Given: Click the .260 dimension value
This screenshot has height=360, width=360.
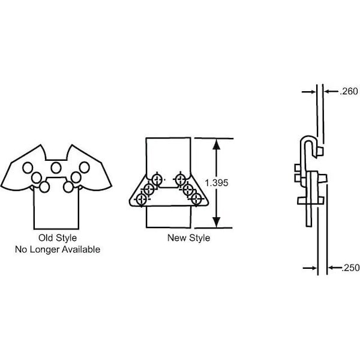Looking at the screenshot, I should point(349,92).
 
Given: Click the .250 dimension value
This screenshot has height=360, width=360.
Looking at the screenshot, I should point(349,268).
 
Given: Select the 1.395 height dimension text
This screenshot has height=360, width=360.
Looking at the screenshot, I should point(217,183).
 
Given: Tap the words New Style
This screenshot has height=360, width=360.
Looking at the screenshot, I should point(188,238).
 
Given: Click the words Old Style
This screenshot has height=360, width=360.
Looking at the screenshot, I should point(56,238).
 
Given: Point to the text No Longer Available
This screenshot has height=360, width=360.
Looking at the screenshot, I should point(58,249).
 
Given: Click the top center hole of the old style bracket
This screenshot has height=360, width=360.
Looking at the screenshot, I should point(56,167).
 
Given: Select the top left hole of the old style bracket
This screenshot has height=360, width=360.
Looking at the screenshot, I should point(28,167).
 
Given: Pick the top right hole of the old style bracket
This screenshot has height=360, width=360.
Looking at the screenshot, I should point(84,167).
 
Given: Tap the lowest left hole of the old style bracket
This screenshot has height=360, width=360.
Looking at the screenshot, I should point(45,187).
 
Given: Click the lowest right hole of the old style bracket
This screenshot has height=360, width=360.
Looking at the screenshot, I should point(68,187).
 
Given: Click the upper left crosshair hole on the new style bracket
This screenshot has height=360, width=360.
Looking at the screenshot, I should point(158,179).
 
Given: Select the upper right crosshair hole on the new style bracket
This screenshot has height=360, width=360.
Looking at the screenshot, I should point(179,178).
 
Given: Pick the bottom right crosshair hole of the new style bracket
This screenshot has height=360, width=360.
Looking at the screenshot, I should point(195,199).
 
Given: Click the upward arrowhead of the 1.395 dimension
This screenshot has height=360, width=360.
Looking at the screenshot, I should point(217,145).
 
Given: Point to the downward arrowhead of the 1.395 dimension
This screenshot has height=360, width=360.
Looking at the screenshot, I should point(217,223).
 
